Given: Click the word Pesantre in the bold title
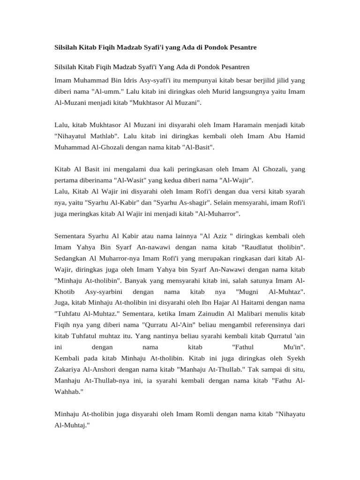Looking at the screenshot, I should point(240,48).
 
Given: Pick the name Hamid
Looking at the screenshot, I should point(294,136).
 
